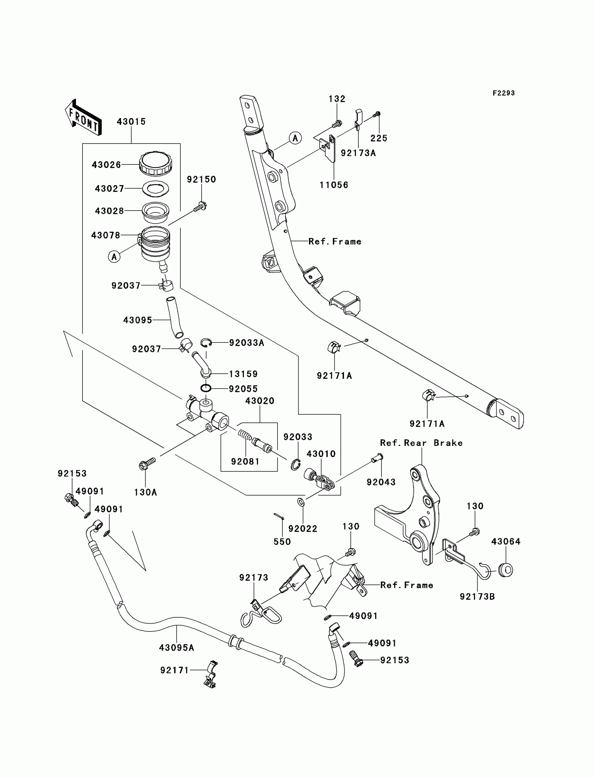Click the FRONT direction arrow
(x=83, y=118)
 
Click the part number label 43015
(x=131, y=122)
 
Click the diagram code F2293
(x=504, y=93)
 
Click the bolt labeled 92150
(x=201, y=207)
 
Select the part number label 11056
(x=334, y=185)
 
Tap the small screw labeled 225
(x=377, y=114)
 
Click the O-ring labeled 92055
(x=206, y=388)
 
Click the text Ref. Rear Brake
(x=421, y=443)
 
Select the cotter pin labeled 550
(x=279, y=517)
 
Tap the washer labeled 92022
(x=300, y=502)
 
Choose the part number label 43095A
(x=176, y=648)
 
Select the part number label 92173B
(x=477, y=597)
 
